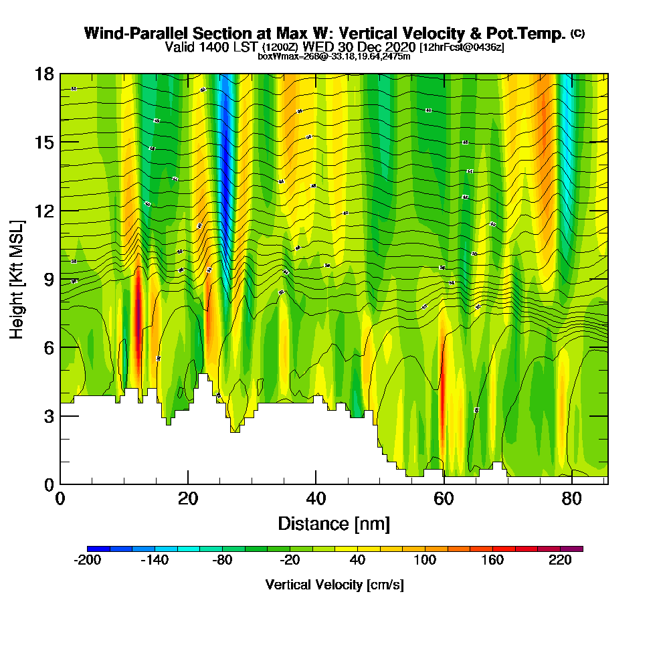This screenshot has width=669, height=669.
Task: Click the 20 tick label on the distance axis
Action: point(188,499)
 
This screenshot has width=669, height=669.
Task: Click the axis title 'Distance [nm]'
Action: point(334,523)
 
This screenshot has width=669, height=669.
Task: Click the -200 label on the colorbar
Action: point(87,561)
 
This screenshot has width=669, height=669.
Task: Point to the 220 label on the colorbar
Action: point(561,561)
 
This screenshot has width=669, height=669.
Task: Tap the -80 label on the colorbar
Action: point(222,561)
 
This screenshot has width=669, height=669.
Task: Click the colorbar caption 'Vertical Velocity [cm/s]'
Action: point(334,585)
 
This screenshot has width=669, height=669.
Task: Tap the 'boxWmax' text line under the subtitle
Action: point(334,56)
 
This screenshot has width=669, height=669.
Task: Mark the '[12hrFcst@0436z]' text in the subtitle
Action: point(462,47)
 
